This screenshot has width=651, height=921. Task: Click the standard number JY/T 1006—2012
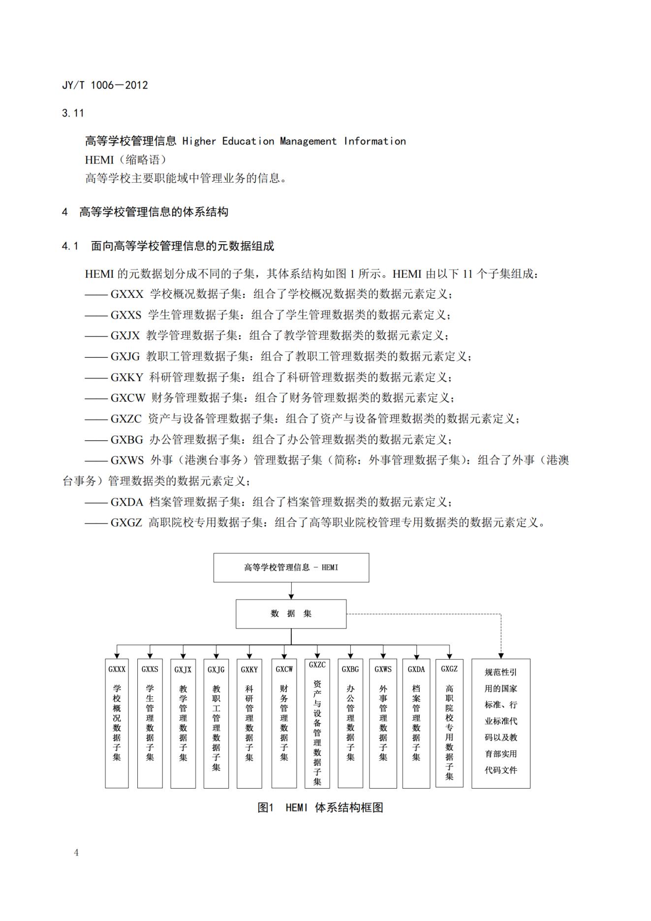[105, 85]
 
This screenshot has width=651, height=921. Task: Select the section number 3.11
[73, 113]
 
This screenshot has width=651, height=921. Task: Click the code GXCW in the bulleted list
[128, 398]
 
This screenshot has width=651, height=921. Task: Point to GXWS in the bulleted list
[127, 461]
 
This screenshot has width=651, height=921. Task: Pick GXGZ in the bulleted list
[126, 523]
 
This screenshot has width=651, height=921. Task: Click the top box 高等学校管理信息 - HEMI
[291, 568]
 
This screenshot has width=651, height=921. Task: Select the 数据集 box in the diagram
[291, 614]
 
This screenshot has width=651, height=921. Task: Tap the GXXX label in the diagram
[117, 669]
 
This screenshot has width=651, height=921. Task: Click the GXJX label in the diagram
[183, 670]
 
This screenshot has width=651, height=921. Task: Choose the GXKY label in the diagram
[249, 670]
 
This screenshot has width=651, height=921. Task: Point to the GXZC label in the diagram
[317, 665]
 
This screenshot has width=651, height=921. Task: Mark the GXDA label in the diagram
[416, 669]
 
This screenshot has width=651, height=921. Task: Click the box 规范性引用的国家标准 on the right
[500, 723]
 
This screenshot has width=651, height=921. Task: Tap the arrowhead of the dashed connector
[501, 656]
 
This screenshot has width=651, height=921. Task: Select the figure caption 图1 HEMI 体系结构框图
[320, 808]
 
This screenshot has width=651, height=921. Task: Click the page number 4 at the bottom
[76, 853]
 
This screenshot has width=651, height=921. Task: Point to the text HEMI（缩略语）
[126, 160]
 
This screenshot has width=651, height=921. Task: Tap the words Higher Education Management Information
[294, 142]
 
